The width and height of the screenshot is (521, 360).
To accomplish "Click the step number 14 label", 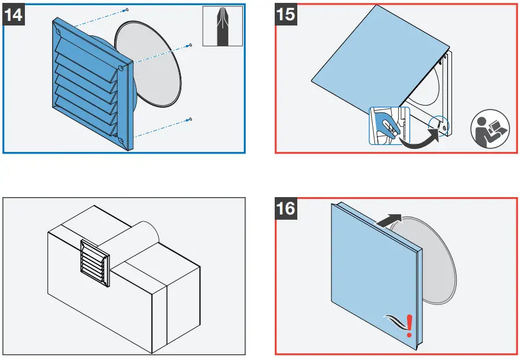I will tap(14, 14).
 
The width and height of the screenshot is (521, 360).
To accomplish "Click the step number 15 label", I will tap(286, 14).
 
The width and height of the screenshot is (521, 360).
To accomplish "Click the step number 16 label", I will tap(286, 208).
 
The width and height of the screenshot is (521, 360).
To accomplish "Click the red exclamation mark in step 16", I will tap(410, 326).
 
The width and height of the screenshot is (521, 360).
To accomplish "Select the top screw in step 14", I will tap(127, 10).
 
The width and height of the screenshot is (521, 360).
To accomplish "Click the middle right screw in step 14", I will tap(191, 45).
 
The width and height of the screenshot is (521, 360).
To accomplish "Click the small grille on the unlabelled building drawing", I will tap(94, 263).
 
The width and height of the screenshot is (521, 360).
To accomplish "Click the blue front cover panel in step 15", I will tap(377, 64).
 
